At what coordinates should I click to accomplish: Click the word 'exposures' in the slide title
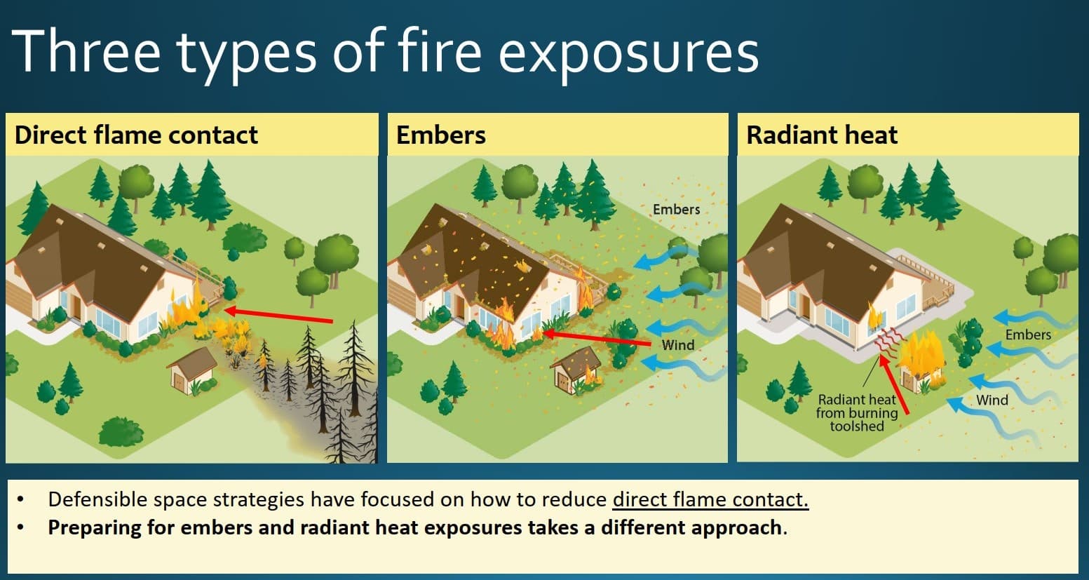coord(629,53)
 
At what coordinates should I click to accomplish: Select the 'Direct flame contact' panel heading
coord(136,135)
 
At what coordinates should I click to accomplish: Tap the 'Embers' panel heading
coord(440,135)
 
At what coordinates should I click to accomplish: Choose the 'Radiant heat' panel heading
coord(821,135)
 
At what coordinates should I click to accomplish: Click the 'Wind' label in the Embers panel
coord(678,345)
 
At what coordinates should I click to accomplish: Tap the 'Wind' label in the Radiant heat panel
coord(992,400)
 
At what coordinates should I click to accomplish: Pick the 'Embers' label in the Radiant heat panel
coord(1027,335)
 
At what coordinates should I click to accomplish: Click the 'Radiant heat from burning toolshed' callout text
coord(856,412)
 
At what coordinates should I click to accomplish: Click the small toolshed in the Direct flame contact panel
coord(192,369)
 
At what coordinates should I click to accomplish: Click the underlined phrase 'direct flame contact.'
coord(710,499)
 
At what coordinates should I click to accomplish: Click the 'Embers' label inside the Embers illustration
coord(676,209)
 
